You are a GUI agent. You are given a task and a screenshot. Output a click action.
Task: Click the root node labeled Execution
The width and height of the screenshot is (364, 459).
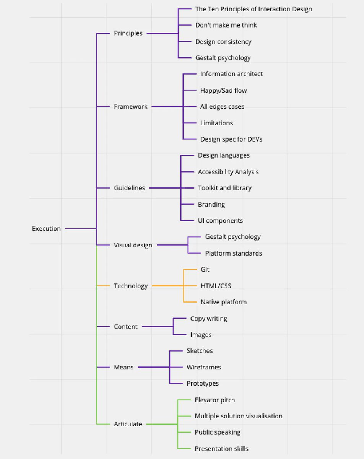click(46, 229)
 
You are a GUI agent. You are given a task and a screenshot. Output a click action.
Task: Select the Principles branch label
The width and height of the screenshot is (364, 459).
click(128, 33)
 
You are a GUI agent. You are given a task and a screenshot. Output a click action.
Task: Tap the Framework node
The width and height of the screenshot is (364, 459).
click(130, 107)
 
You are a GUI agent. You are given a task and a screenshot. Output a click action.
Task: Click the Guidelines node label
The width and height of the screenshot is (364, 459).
click(129, 188)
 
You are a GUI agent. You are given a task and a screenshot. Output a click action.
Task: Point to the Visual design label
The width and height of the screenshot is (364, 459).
click(133, 245)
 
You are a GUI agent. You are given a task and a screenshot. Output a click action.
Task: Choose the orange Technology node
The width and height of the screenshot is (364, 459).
click(131, 286)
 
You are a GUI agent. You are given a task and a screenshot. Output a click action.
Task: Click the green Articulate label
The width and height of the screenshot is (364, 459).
click(128, 424)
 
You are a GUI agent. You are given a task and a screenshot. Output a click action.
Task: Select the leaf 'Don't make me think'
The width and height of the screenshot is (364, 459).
click(226, 25)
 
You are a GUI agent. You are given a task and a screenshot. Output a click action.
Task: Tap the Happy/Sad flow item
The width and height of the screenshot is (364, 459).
click(223, 90)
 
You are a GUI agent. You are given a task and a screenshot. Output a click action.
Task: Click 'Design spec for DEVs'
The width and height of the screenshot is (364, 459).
click(231, 139)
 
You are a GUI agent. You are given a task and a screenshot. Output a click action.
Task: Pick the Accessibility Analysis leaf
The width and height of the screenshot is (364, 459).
click(228, 172)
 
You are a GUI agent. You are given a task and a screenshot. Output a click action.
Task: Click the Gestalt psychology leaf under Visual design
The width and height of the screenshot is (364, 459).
click(233, 237)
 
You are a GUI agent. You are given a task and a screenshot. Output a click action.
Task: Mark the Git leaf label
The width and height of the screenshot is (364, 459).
click(205, 269)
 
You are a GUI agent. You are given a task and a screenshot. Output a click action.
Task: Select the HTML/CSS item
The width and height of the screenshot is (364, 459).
click(216, 286)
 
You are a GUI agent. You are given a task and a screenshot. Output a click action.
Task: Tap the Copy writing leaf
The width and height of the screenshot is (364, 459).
click(208, 318)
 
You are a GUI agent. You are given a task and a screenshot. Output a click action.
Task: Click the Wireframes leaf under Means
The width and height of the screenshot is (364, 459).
click(204, 367)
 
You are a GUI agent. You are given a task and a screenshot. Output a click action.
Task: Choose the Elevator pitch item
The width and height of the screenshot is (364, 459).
click(215, 400)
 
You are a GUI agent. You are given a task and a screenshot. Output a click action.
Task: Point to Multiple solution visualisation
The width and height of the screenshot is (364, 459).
click(239, 416)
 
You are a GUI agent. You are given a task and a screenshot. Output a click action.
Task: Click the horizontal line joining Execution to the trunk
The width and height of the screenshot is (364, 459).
click(81, 229)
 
